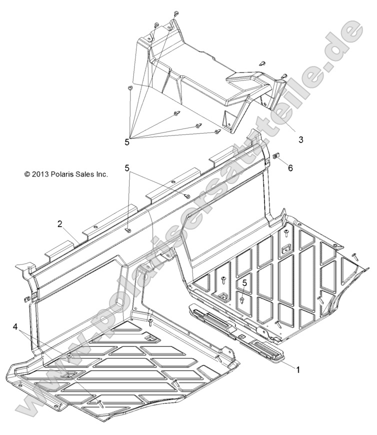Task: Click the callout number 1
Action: (298, 369)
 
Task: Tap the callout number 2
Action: (60, 224)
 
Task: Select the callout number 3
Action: (301, 139)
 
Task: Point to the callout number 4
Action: (15, 327)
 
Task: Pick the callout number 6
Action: (290, 168)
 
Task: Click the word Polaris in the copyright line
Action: (62, 174)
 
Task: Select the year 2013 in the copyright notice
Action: (41, 174)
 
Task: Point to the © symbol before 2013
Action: (27, 174)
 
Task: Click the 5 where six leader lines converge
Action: (127, 142)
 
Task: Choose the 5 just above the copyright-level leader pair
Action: (127, 168)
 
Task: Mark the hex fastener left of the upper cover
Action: (130, 88)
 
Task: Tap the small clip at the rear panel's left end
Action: (27, 298)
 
